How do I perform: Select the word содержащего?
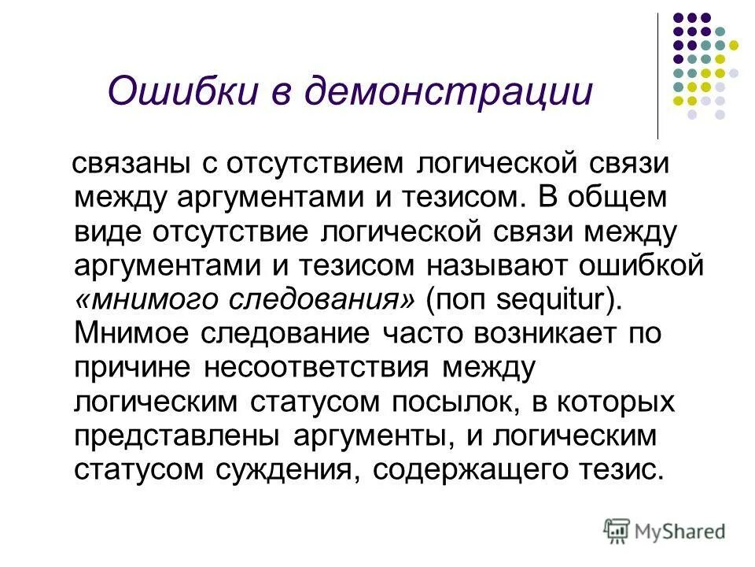[469, 470]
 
